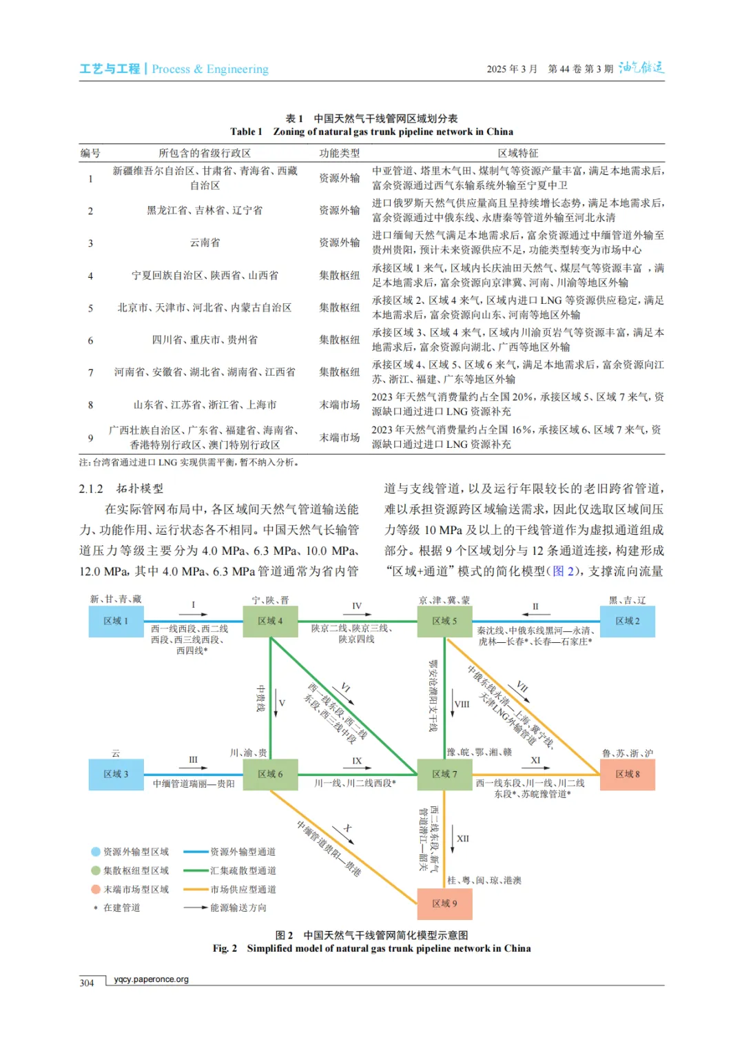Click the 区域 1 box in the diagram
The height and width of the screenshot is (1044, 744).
pyautogui.click(x=116, y=621)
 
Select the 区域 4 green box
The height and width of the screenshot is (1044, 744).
pyautogui.click(x=270, y=621)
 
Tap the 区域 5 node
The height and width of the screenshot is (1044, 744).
pyautogui.click(x=444, y=621)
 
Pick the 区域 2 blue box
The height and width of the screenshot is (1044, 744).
pyautogui.click(x=627, y=621)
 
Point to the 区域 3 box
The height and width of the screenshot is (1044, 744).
pyautogui.click(x=116, y=774)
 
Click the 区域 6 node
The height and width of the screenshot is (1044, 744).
pyautogui.click(x=270, y=774)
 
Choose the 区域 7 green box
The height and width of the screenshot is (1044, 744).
pyautogui.click(x=444, y=774)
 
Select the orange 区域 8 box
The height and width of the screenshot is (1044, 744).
pyautogui.click(x=627, y=774)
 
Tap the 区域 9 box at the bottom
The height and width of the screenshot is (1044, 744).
pyautogui.click(x=444, y=903)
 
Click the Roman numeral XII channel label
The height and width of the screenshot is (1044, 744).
pyautogui.click(x=463, y=839)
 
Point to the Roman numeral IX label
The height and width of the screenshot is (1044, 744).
pyautogui.click(x=357, y=761)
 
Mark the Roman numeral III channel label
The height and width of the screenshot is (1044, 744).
pyautogui.click(x=193, y=759)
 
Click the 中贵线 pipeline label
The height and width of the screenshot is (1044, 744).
pyautogui.click(x=260, y=698)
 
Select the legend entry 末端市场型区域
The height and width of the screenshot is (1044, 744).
pyautogui.click(x=136, y=889)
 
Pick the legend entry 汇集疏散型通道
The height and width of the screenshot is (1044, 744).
pyautogui.click(x=242, y=870)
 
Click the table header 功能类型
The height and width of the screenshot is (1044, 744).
pyautogui.click(x=339, y=153)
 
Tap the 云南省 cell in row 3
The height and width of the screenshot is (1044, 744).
pyautogui.click(x=205, y=243)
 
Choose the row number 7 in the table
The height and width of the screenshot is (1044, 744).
pyautogui.click(x=90, y=372)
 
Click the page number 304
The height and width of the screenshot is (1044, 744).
pyautogui.click(x=87, y=983)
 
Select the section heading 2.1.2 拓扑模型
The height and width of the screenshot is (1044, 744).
pyautogui.click(x=121, y=489)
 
